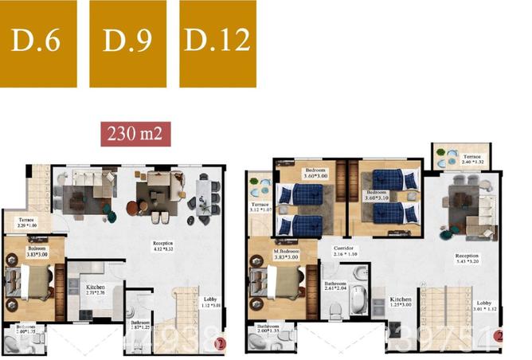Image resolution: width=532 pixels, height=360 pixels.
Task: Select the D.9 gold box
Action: tap(127, 43)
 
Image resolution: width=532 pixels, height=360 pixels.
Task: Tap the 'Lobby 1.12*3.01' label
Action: tap(209, 303)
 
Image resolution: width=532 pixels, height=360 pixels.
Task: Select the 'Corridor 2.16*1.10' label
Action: tap(343, 251)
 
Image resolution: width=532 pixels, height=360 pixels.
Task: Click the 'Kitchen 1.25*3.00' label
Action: tap(401, 303)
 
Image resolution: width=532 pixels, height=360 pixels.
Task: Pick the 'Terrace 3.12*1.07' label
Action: tap(260, 209)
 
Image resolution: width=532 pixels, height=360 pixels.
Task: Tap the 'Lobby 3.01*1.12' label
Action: tap(485, 306)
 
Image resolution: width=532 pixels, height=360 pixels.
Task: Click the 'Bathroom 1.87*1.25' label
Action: tap(146, 325)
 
